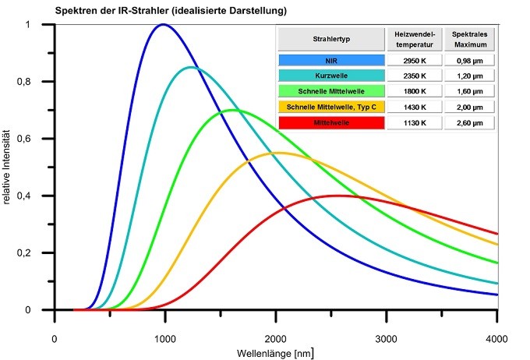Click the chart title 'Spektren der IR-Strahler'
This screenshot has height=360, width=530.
click(x=171, y=11)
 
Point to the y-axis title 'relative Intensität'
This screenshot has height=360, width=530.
click(x=8, y=168)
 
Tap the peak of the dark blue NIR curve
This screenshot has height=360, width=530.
click(x=163, y=24)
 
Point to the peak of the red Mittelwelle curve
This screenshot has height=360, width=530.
click(x=337, y=196)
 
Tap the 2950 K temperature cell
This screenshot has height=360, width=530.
click(x=414, y=59)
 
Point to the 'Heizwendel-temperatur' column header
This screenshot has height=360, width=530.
click(x=414, y=38)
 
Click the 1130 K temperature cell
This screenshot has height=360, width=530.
click(x=414, y=122)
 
